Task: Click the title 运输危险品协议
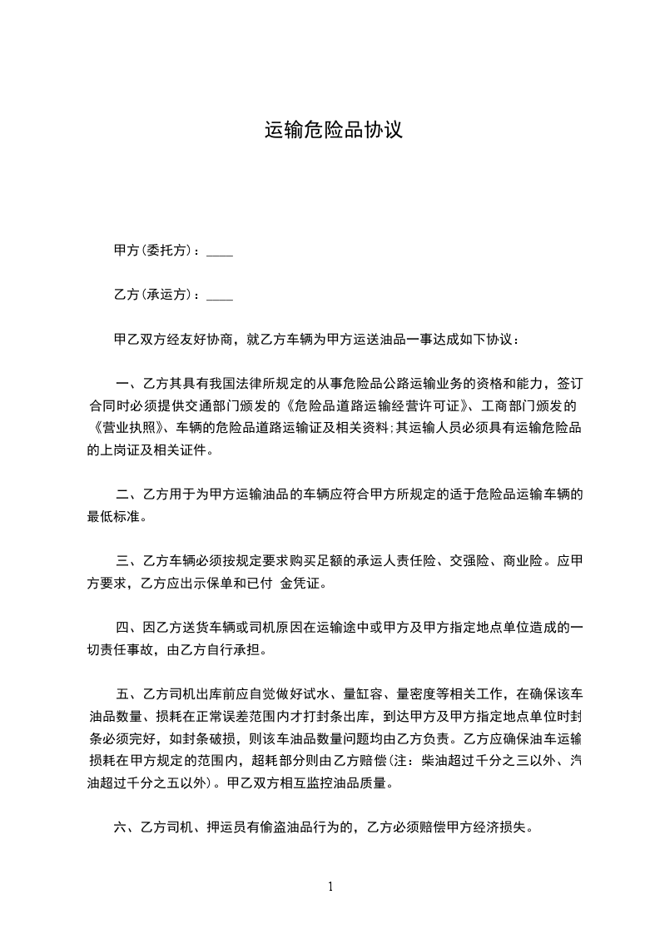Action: coord(333,131)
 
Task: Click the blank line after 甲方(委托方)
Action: coord(219,251)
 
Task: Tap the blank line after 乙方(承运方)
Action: coord(219,296)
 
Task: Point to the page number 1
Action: coord(330,886)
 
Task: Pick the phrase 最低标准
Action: coord(114,516)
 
